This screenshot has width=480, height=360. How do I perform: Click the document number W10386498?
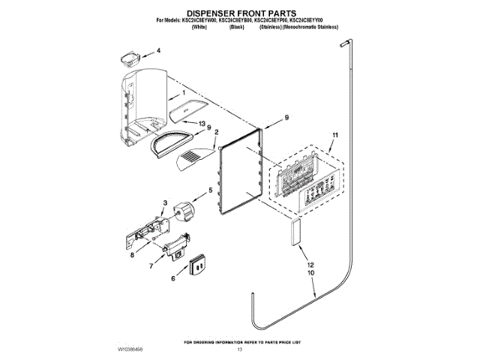click(x=132, y=349)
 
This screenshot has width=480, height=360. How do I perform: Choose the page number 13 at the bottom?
click(x=240, y=349)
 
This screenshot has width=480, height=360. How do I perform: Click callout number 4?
click(x=158, y=52)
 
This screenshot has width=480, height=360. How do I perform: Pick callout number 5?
click(x=210, y=190)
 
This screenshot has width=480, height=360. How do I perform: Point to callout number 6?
click(x=174, y=278)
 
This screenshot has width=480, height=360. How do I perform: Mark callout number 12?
click(x=309, y=265)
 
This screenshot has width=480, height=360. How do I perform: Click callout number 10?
click(x=309, y=274)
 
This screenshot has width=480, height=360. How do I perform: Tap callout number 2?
click(x=217, y=133)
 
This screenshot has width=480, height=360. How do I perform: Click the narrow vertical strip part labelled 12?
click(x=292, y=234)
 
